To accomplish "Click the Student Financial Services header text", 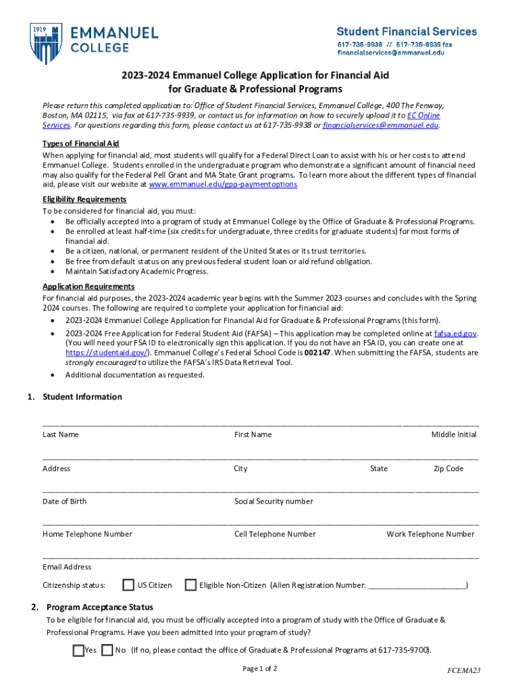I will click(x=407, y=32).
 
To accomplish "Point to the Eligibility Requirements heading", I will click(x=84, y=199).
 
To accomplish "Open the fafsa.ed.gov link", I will click(x=456, y=334).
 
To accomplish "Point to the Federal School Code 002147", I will click(x=317, y=353).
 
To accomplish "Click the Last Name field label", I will click(x=60, y=435).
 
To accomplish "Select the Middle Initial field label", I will click(x=454, y=435).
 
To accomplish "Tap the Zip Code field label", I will click(x=448, y=468).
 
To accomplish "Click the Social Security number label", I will click(x=274, y=501).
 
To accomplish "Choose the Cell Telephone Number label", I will click(x=275, y=534).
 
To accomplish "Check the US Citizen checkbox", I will click(x=128, y=585).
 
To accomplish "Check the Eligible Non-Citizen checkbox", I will click(x=190, y=585).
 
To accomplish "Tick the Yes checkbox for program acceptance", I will click(x=78, y=651).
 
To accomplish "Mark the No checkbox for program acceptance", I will click(x=106, y=651).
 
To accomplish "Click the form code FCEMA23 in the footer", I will click(x=463, y=670).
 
